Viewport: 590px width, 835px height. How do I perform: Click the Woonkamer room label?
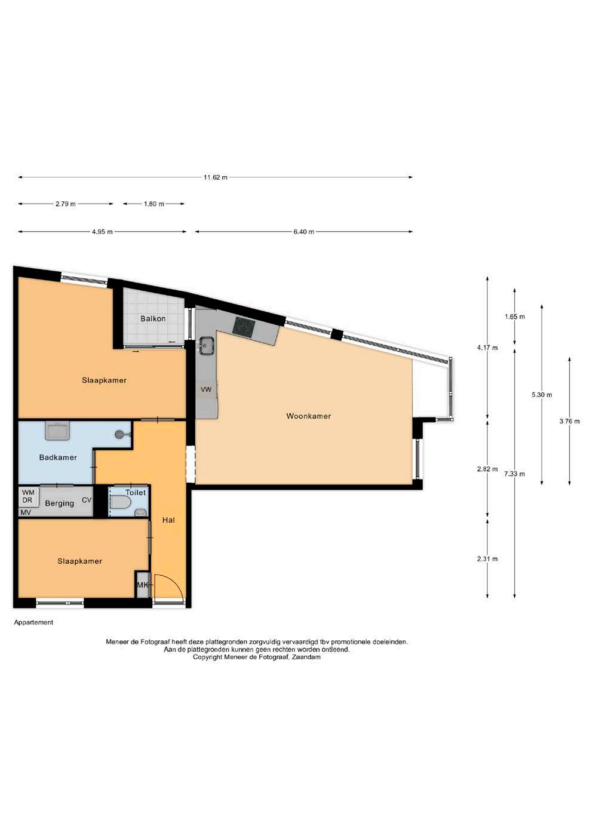tap(308, 416)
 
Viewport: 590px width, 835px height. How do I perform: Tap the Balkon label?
tap(153, 319)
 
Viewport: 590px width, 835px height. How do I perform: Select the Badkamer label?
tap(58, 458)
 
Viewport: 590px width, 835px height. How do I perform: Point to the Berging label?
tap(59, 504)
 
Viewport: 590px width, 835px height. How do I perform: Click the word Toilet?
tap(136, 492)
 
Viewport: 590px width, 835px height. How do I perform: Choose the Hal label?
tap(168, 520)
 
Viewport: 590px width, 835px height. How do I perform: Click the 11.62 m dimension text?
tap(215, 177)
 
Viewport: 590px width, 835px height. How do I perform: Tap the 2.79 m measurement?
tap(66, 204)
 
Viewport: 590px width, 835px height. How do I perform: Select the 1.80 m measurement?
tap(154, 204)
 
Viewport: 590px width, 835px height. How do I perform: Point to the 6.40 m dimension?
tap(304, 232)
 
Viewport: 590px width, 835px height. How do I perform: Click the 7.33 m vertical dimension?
tap(514, 474)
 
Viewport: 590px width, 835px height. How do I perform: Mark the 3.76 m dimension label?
tap(569, 422)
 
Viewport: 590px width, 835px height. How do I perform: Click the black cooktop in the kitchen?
tap(244, 327)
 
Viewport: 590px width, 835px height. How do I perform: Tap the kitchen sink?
tap(205, 345)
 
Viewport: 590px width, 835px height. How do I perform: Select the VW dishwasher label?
tap(206, 389)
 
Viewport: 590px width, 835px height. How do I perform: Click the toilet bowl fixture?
tap(121, 502)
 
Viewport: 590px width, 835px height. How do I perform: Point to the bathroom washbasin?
tap(57, 431)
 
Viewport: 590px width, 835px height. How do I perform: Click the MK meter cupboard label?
tap(142, 585)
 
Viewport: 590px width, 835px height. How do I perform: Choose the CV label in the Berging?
tap(87, 500)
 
